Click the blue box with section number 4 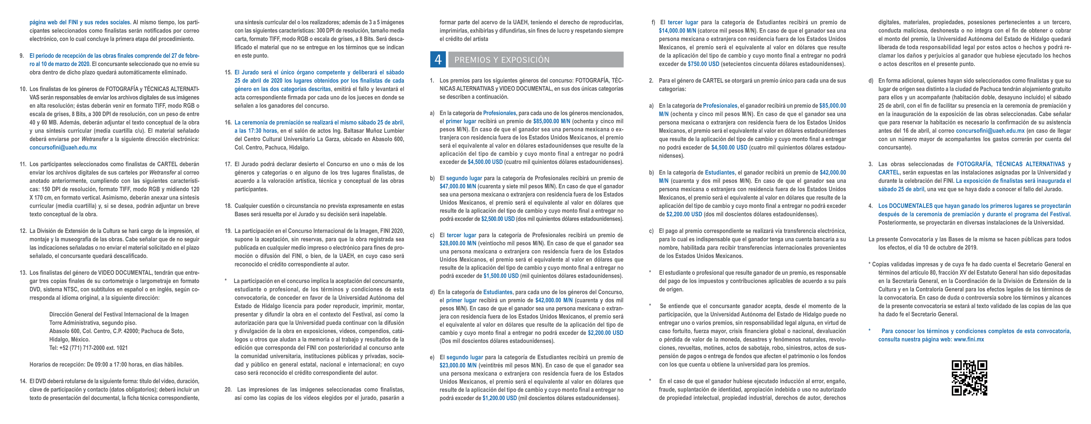(x=438, y=60)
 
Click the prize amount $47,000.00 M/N (x=458, y=186)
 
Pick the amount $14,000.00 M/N (x=677, y=31)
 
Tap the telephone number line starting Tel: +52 (x=88, y=348)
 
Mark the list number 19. (x=228, y=231)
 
